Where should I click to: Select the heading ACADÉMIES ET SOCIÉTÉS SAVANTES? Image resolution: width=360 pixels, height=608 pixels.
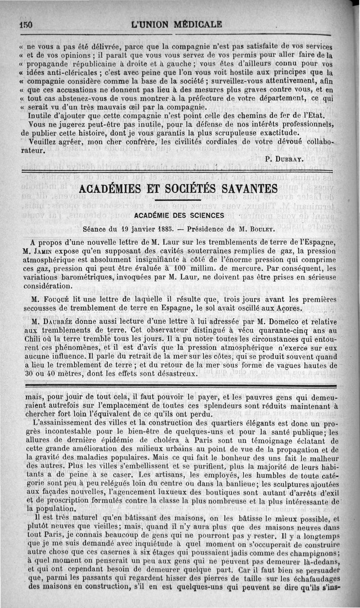pyautogui.click(x=178, y=189)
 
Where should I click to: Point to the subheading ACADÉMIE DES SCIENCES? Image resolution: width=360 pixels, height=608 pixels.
pyautogui.click(x=179, y=216)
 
